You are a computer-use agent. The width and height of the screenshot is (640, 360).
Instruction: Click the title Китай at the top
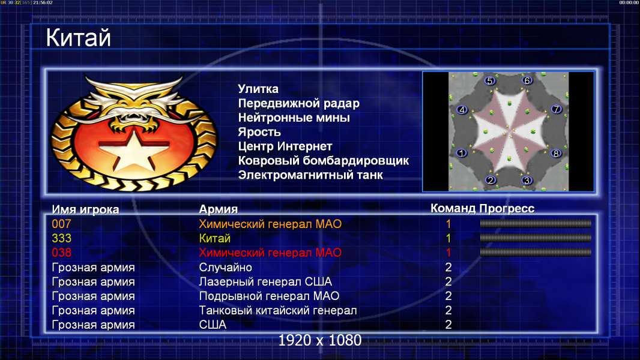[x=79, y=38]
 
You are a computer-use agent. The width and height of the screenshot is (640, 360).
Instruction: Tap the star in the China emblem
[x=134, y=149]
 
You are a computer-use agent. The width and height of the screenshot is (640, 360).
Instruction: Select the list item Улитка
[x=258, y=89]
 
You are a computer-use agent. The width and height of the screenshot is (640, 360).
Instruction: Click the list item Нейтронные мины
[x=294, y=118]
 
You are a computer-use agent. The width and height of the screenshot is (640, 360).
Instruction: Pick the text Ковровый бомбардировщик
[x=323, y=161]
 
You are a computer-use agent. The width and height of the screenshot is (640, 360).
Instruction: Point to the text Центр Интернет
[x=285, y=146]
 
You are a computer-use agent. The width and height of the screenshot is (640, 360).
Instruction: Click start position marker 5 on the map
[x=490, y=81]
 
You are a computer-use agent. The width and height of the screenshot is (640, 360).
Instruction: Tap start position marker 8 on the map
[x=556, y=153]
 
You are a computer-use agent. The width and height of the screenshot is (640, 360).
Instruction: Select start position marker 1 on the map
[x=461, y=153]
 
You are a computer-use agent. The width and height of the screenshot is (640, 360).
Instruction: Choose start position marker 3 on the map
[x=527, y=180]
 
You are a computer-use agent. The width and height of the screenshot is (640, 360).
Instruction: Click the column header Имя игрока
[x=85, y=209]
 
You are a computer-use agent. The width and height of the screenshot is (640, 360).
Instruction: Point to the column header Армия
[x=219, y=209]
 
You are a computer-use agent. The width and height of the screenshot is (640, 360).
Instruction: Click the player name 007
[x=61, y=224]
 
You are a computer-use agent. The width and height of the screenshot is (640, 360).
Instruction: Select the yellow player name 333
[x=61, y=238]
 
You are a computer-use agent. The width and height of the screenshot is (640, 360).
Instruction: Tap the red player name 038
[x=61, y=253]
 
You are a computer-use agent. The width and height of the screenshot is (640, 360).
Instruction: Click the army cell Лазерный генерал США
[x=265, y=282]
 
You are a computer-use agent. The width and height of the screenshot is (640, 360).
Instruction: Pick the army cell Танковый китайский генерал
[x=278, y=311]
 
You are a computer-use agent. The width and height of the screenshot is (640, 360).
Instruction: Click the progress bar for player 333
[x=536, y=238]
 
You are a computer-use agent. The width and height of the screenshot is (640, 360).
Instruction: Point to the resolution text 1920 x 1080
[x=320, y=340]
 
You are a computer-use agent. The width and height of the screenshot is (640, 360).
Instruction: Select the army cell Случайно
[x=225, y=268]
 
